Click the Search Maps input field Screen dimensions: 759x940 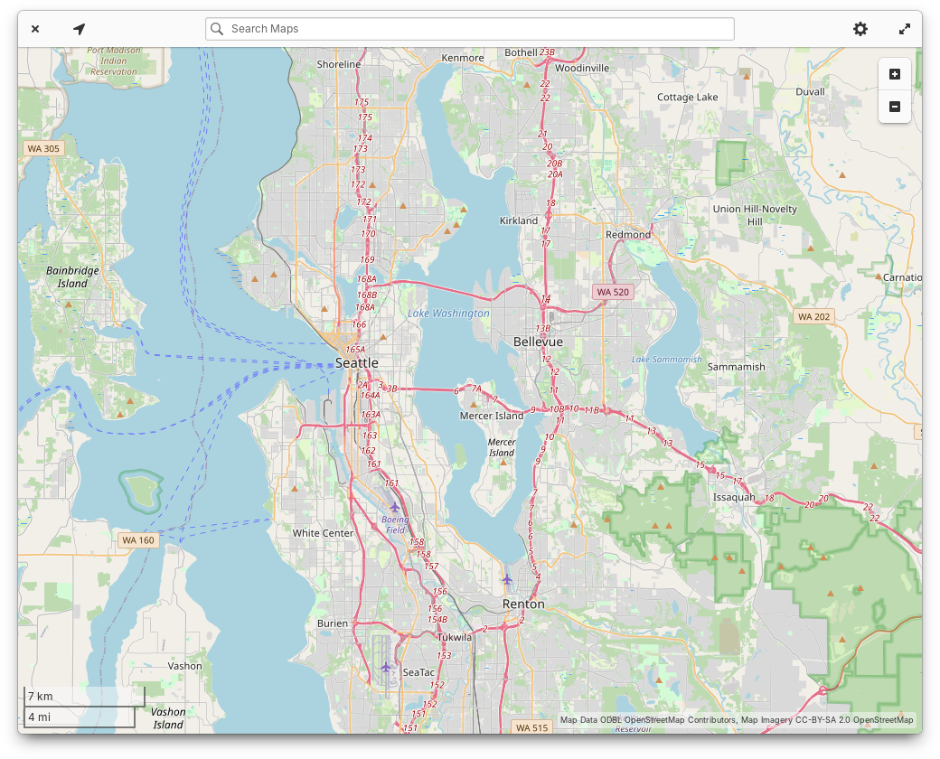click(x=470, y=29)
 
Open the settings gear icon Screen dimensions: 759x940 click(x=860, y=29)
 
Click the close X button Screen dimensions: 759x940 click(x=35, y=29)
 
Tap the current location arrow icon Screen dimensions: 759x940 click(x=80, y=29)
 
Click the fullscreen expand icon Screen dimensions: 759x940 click(x=905, y=29)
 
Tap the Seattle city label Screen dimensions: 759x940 click(x=357, y=362)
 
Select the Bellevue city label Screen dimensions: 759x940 click(x=538, y=342)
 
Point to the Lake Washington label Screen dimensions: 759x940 click(x=448, y=314)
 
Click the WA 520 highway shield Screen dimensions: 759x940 click(x=612, y=292)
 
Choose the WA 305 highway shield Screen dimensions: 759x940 click(x=43, y=148)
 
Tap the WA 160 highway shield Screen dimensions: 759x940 click(x=138, y=540)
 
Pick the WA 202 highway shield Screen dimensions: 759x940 click(x=813, y=316)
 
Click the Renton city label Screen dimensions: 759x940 click(x=523, y=604)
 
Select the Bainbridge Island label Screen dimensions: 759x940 click(x=72, y=276)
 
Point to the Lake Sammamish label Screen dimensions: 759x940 click(x=666, y=360)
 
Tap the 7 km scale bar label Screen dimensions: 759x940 click(x=41, y=697)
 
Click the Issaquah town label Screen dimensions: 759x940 click(x=734, y=497)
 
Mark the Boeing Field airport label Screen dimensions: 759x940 click(x=395, y=525)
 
